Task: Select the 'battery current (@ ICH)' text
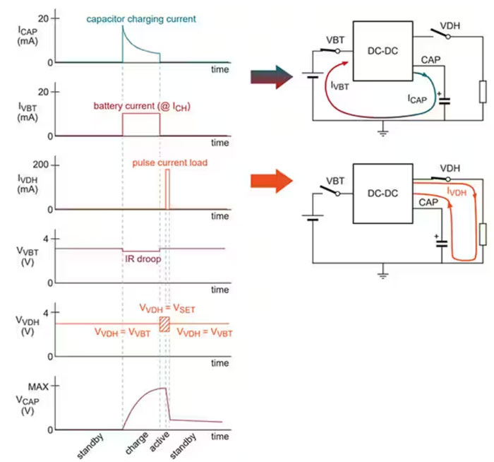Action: tap(140, 106)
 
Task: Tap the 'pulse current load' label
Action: tap(169, 163)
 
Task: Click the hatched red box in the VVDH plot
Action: tap(164, 324)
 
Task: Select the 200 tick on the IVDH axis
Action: tap(40, 165)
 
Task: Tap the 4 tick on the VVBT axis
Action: tap(46, 239)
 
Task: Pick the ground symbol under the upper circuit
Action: tap(383, 130)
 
